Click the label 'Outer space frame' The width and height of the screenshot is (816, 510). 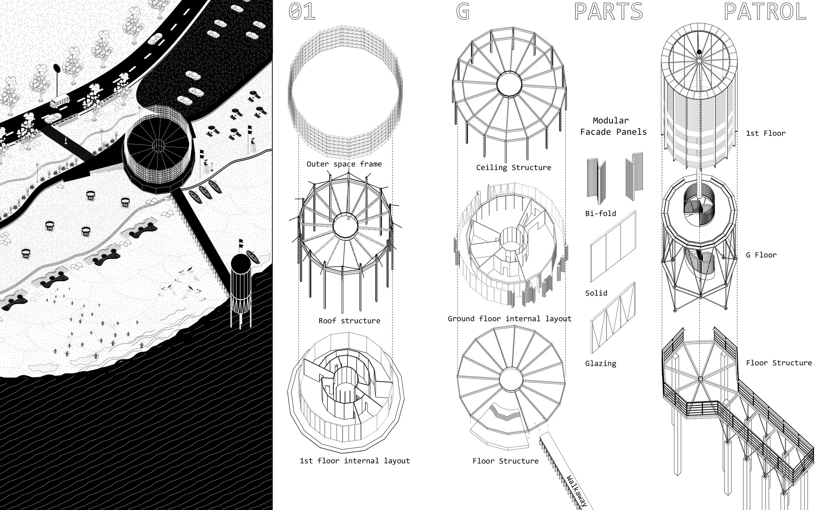point(344,164)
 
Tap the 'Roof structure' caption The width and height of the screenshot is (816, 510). point(349,321)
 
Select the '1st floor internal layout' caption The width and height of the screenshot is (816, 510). point(354,461)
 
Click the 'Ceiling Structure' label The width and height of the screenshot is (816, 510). point(513,168)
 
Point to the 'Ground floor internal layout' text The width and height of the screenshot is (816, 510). point(510,319)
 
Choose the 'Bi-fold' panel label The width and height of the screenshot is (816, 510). point(601,213)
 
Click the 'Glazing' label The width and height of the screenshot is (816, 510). point(601,363)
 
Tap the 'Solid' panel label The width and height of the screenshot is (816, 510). point(596,293)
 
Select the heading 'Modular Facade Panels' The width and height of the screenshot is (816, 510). point(613,126)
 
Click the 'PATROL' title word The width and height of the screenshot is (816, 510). point(765,11)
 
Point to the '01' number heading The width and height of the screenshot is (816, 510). point(302,11)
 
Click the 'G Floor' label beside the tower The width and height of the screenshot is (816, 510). point(761,255)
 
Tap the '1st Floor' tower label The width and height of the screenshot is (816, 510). point(765,133)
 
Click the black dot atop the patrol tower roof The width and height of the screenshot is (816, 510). point(699,52)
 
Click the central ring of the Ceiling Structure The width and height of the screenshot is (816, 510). point(509,84)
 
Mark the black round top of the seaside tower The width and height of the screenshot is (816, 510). point(241,262)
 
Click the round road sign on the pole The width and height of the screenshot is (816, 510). point(56,69)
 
